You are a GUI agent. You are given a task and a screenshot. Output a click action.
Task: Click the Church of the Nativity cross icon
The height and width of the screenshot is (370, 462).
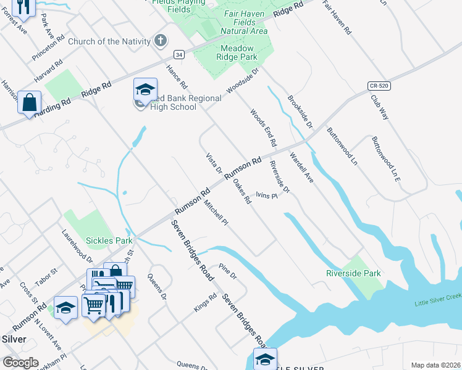161,41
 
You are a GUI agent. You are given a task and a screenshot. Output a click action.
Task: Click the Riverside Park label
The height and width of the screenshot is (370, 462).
353,273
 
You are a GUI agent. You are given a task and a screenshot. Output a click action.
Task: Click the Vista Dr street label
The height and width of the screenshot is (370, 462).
214,163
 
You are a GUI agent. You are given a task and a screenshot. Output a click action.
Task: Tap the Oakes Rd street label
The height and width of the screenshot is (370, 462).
241,191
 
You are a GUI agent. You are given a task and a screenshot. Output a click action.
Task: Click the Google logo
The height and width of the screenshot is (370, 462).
20,363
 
